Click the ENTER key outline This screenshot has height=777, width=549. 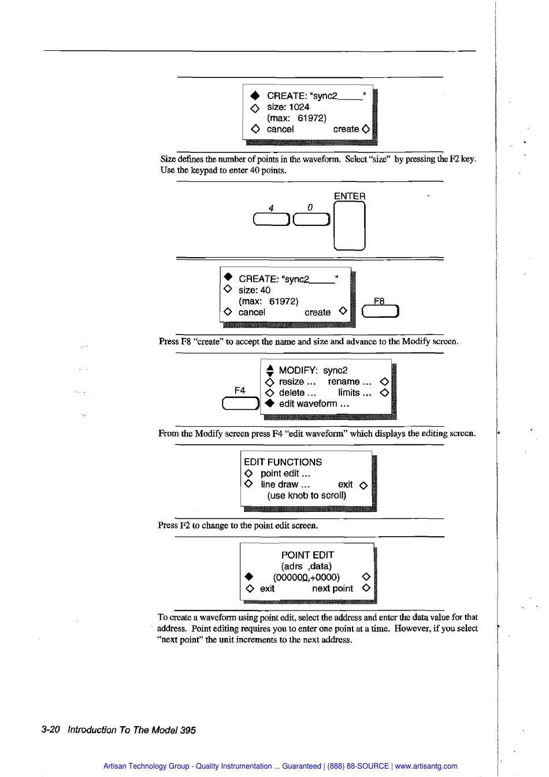pyautogui.click(x=350, y=225)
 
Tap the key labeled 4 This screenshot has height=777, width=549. pyautogui.click(x=272, y=220)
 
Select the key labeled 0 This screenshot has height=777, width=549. pyautogui.click(x=311, y=220)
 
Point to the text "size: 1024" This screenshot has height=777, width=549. pyautogui.click(x=288, y=107)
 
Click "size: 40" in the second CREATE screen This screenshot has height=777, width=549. pyautogui.click(x=254, y=290)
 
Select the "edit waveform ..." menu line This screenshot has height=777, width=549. pyautogui.click(x=314, y=404)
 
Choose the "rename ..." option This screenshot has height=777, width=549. pyautogui.click(x=349, y=381)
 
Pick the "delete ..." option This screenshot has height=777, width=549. pyautogui.click(x=297, y=393)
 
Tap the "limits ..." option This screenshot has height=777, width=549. pyautogui.click(x=354, y=393)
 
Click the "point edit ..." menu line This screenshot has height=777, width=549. pyautogui.click(x=285, y=473)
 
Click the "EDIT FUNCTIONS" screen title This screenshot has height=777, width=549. pyautogui.click(x=283, y=462)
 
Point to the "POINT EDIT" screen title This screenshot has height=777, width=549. pyautogui.click(x=307, y=555)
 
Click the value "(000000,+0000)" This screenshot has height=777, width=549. pyautogui.click(x=306, y=577)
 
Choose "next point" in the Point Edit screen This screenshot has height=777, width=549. pyautogui.click(x=332, y=589)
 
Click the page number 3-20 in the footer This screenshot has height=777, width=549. pyautogui.click(x=51, y=730)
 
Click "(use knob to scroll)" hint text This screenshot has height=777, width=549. pyautogui.click(x=306, y=496)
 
